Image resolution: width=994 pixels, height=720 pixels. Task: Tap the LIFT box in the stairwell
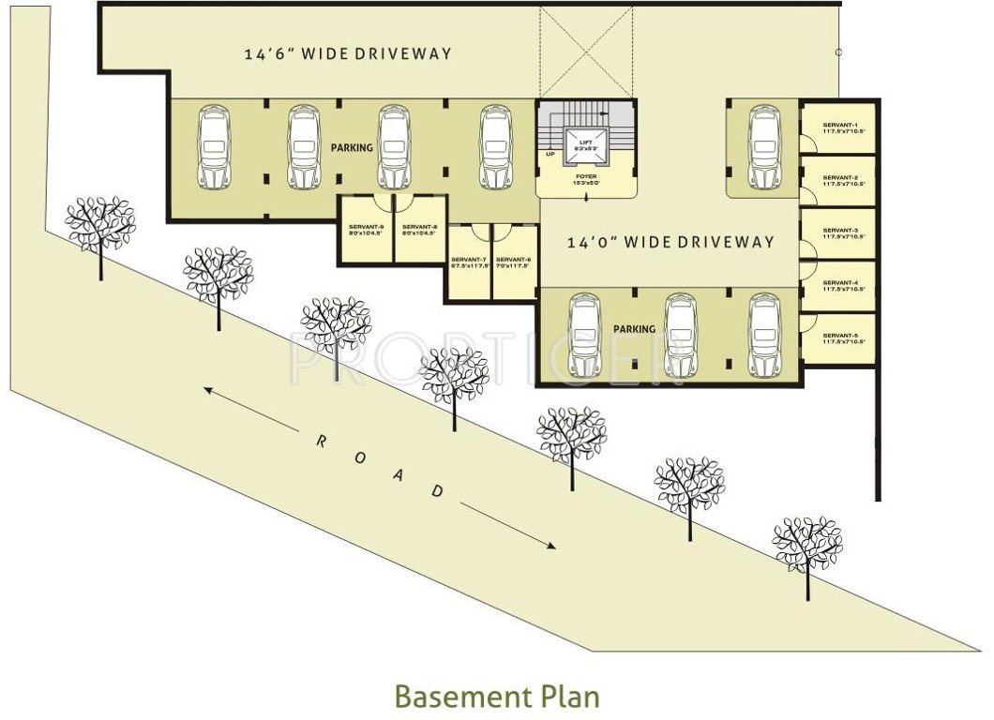click(x=585, y=143)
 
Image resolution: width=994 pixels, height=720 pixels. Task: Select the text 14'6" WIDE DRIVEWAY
click(x=348, y=54)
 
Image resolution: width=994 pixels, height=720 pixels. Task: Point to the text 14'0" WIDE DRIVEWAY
click(x=671, y=242)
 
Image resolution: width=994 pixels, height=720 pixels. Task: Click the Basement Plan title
click(x=497, y=697)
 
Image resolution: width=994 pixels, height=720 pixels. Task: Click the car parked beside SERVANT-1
click(x=764, y=147)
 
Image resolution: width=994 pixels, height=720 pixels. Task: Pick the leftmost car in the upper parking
click(x=214, y=147)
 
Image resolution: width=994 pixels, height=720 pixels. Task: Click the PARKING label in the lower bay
click(x=634, y=330)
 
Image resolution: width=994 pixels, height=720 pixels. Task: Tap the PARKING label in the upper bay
click(x=352, y=148)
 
